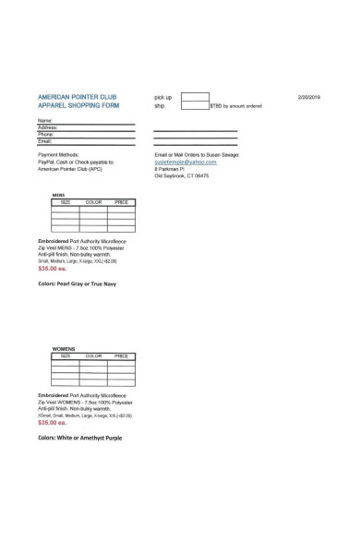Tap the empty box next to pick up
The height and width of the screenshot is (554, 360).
[x=195, y=96]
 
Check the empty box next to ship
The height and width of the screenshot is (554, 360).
[x=195, y=106]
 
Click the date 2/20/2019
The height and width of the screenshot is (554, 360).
[x=308, y=97]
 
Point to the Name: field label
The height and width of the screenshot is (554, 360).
[x=44, y=121]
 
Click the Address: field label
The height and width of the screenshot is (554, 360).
[x=46, y=127]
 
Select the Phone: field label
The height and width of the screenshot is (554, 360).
[x=45, y=134]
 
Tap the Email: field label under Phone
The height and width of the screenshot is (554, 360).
[x=44, y=140]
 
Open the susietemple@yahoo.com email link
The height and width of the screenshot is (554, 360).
[x=185, y=162]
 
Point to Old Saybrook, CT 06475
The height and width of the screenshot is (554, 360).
[x=181, y=175]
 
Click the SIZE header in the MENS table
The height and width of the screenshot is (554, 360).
[x=66, y=201]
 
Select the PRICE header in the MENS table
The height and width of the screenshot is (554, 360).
[x=121, y=201]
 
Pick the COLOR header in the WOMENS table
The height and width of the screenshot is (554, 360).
[x=93, y=355]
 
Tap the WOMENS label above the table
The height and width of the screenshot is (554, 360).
[x=63, y=349]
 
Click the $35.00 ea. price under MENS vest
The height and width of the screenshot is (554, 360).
[x=53, y=268]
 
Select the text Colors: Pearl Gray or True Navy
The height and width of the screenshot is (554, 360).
[x=77, y=283]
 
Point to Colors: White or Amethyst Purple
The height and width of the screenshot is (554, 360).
[x=79, y=438]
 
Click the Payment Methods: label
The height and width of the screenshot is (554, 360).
[x=58, y=154]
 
